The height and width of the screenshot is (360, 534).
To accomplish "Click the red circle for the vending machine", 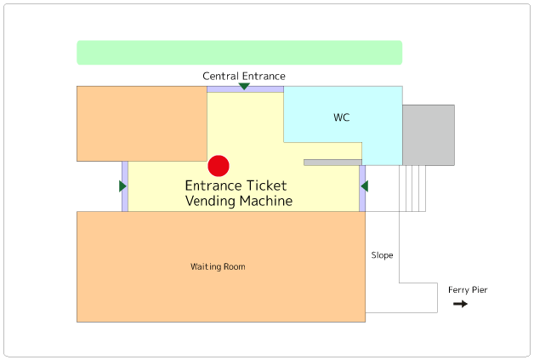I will (219, 166).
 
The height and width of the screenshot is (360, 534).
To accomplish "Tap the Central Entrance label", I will (244, 77).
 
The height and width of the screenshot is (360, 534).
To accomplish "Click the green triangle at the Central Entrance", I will (244, 86).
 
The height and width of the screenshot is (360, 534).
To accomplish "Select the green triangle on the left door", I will (123, 186).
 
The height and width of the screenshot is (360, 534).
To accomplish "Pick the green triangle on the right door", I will (364, 186).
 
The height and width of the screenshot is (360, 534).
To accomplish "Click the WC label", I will (342, 117).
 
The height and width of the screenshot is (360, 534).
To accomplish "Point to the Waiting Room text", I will (218, 267).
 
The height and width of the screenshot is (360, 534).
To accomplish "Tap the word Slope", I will (383, 255).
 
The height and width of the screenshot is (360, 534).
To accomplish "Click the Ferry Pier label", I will (468, 290).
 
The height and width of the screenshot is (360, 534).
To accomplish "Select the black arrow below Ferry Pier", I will (460, 304).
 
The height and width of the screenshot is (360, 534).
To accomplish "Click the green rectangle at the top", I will (239, 53).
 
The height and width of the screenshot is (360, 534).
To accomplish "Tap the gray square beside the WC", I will (429, 134).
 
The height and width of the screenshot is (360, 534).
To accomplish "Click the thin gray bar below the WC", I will (332, 162).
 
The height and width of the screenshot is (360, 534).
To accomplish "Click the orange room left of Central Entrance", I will (142, 123).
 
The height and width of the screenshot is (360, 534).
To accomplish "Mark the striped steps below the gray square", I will (413, 188).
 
